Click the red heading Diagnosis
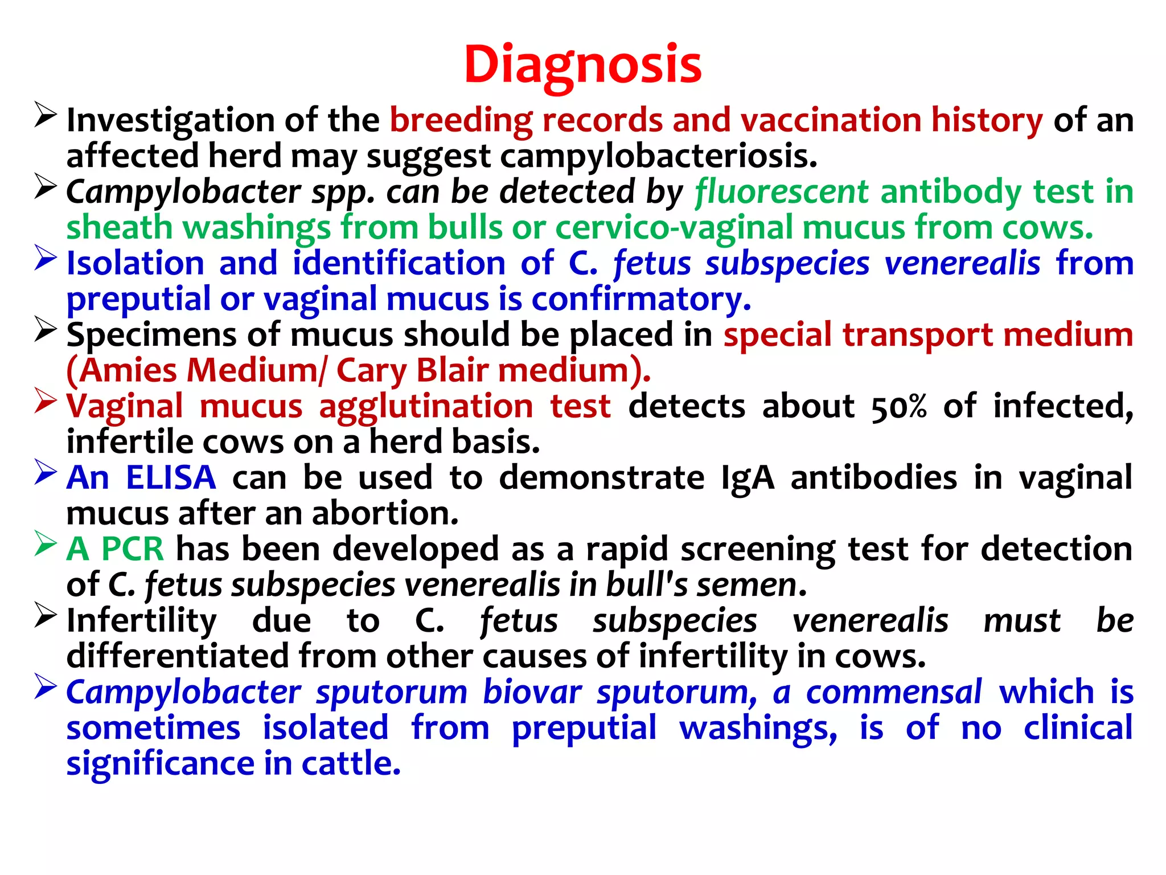(582, 64)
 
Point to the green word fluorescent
(781, 191)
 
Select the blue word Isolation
(136, 263)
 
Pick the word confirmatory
(641, 299)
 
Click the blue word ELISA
(171, 477)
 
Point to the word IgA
(748, 477)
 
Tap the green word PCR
(132, 549)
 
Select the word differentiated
(178, 656)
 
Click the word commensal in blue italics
(894, 692)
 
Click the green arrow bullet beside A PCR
(45, 544)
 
